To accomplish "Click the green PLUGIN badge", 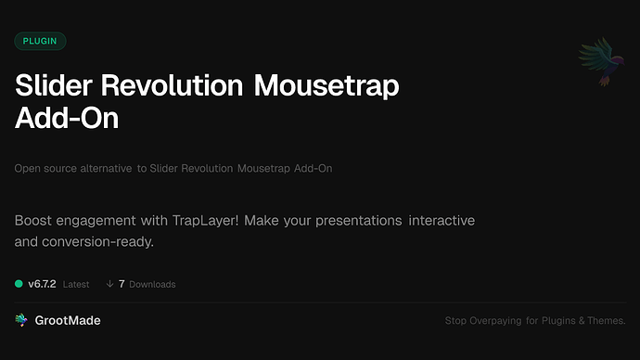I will coord(40,41).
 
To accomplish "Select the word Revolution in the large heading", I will coord(177,86).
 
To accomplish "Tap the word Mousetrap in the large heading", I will coord(326,86).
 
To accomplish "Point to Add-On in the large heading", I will coord(67,120).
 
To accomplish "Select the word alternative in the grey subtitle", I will coord(102,169).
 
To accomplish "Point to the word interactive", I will coord(442,222).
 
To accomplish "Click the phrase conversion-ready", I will coord(98,241).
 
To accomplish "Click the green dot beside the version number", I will coord(19,284).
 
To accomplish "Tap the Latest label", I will coord(76,284).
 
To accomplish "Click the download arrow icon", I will coord(109,284).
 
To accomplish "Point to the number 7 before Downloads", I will coord(122,284).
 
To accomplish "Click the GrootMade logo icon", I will coord(20,320).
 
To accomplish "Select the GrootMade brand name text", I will coord(67,320).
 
